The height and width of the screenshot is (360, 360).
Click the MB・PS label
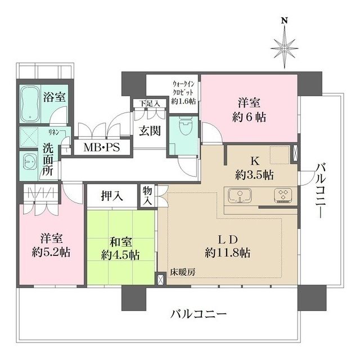(101, 148)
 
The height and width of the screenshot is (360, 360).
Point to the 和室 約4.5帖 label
(120, 248)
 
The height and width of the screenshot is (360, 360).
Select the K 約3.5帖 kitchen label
(254, 168)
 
